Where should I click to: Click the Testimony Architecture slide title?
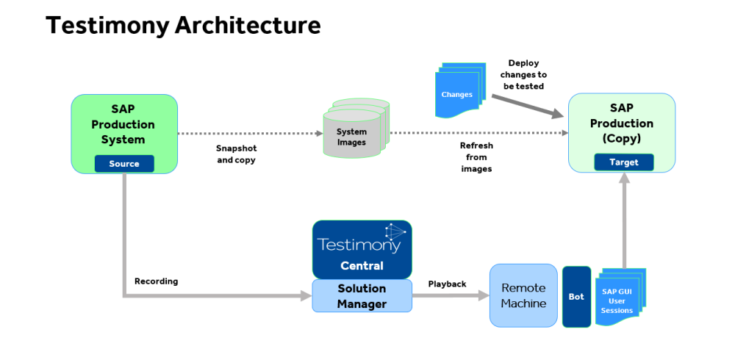(183, 26)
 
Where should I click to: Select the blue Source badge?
(124, 163)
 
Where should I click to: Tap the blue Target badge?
(623, 162)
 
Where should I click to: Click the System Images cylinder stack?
(354, 130)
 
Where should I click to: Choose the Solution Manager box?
(362, 295)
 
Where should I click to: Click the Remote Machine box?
(523, 295)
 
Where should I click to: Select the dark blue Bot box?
(576, 296)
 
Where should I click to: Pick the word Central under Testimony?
(362, 265)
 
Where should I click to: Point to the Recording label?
(156, 281)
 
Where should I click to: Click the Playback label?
(447, 284)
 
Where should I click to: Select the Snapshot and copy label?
(236, 154)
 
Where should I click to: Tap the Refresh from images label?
(476, 157)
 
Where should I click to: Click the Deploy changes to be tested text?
(523, 75)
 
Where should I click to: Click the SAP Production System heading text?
(123, 124)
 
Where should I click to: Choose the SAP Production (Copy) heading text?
(621, 123)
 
